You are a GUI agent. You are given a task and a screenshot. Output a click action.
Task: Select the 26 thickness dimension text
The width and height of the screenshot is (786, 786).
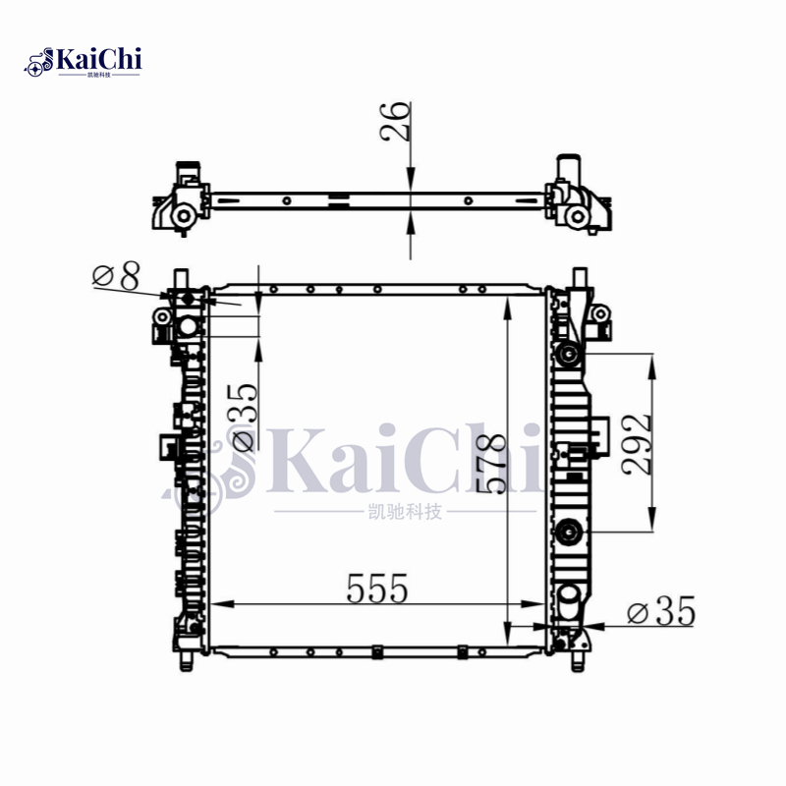tap(397, 122)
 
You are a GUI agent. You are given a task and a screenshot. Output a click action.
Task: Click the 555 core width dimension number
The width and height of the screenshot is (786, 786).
tap(377, 588)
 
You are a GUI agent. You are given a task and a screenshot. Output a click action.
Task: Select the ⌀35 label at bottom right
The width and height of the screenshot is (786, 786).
tap(660, 613)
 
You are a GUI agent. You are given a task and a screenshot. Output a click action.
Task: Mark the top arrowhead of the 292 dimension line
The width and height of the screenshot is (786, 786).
tap(650, 362)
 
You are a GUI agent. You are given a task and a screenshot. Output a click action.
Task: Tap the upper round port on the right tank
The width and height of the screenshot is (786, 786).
tap(567, 355)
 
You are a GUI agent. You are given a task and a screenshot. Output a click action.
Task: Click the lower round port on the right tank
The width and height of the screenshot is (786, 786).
tap(567, 533)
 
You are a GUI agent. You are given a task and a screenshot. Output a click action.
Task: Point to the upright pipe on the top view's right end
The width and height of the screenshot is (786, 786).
tap(567, 168)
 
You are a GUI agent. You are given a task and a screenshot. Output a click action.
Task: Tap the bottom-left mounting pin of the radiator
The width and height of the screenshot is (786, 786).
tap(185, 657)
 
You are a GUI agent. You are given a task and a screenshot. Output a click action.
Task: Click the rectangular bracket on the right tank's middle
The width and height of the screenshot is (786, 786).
tap(599, 433)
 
